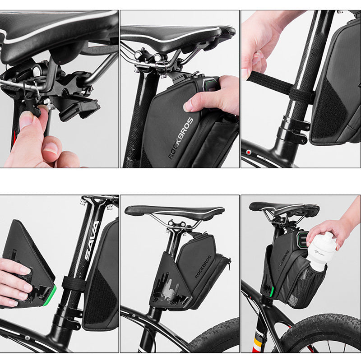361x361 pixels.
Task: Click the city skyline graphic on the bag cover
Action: [x=169, y=289]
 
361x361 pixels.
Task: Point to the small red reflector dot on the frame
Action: [x=248, y=152]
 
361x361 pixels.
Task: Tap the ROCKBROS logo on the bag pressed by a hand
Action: [x=180, y=138]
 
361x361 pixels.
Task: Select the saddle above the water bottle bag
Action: [x=284, y=208]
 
